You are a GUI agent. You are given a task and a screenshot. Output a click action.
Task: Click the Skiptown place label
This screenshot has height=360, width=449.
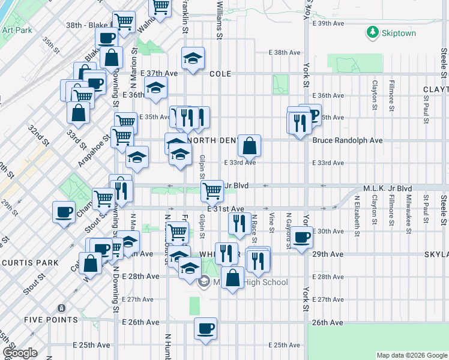pyautogui.click(x=399, y=33)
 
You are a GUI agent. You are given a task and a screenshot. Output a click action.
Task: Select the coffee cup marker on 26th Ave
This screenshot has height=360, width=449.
pyautogui.click(x=205, y=329)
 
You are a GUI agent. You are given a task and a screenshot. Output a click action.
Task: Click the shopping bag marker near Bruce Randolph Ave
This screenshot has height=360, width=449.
pyautogui.click(x=249, y=145)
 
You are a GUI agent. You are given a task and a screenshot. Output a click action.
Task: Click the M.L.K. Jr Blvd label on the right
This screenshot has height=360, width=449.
pyautogui.click(x=387, y=187)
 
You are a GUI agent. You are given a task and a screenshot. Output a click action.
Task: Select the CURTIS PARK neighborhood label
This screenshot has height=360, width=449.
pyautogui.click(x=30, y=263)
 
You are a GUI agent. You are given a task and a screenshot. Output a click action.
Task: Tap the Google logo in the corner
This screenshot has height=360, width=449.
pyautogui.click(x=20, y=353)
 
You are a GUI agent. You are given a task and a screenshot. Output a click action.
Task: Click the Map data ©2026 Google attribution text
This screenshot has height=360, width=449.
pyautogui.click(x=411, y=355)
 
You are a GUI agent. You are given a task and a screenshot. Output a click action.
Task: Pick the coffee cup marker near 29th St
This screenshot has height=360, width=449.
pyautogui.click(x=64, y=212)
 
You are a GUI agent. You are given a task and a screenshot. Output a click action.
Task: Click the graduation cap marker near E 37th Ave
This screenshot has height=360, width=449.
pyautogui.click(x=192, y=58)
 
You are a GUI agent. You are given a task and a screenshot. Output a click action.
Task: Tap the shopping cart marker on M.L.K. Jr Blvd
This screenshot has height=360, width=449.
pyautogui.click(x=211, y=191)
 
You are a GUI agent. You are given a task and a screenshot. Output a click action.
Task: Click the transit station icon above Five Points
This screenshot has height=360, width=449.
pyautogui.click(x=61, y=308)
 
